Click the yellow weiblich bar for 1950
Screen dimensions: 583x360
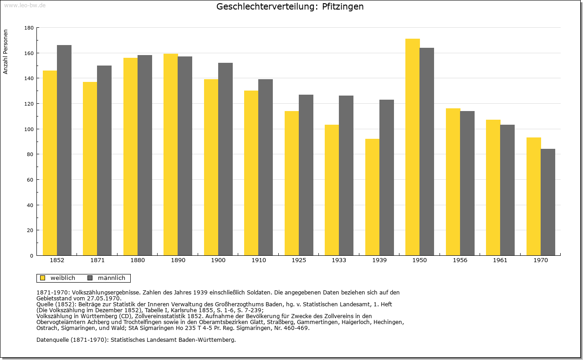coord(413,147)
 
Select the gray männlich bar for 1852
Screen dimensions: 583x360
coord(64,150)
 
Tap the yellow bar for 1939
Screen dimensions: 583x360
coord(372,197)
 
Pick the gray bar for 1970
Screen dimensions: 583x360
coord(548,202)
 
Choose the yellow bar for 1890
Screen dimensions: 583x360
coord(171,154)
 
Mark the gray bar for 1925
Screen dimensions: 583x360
coord(306,175)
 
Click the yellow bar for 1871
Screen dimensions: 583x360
coord(90,169)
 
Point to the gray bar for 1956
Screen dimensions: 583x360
coord(467,183)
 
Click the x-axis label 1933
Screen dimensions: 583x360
coord(339,260)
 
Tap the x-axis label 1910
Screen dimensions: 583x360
coord(258,260)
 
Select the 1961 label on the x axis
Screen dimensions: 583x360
coord(500,260)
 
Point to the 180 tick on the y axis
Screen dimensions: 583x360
coord(29,28)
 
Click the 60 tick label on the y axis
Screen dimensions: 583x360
coord(30,180)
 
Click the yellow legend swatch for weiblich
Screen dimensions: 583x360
coord(43,278)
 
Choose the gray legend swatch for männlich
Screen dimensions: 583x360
coord(90,278)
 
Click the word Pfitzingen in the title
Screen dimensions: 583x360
coord(343,6)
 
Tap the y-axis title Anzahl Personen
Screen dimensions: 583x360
coord(5,52)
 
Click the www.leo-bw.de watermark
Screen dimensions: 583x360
coord(25,5)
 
